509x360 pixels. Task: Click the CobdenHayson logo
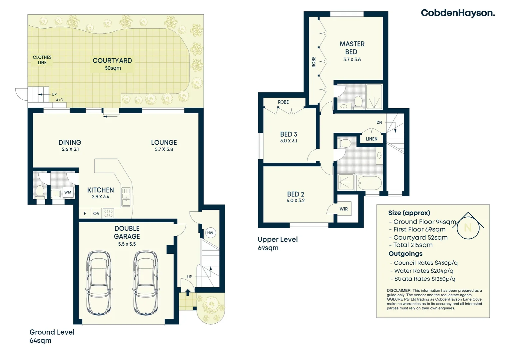click(x=458, y=13)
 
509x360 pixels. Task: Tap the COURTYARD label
click(x=112, y=61)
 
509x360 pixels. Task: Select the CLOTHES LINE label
click(x=42, y=60)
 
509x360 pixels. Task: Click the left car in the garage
click(x=99, y=283)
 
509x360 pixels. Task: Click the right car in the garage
click(x=146, y=283)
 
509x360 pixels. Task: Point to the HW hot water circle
click(x=210, y=233)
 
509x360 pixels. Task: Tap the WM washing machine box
click(x=68, y=192)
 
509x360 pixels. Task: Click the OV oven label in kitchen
click(x=96, y=213)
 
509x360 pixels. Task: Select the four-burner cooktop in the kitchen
click(x=108, y=213)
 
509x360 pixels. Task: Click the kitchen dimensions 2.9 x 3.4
click(x=101, y=197)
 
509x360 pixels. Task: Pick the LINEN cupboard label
click(x=371, y=139)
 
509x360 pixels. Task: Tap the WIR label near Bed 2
click(x=343, y=209)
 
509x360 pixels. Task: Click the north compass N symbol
click(x=468, y=227)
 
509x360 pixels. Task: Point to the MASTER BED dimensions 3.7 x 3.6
click(x=352, y=60)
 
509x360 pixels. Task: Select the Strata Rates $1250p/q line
click(x=424, y=279)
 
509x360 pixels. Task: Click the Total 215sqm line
click(x=412, y=245)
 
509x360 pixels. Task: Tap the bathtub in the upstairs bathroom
click(x=369, y=183)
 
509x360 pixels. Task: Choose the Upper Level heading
click(x=277, y=239)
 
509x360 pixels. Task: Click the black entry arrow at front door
click(x=188, y=292)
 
